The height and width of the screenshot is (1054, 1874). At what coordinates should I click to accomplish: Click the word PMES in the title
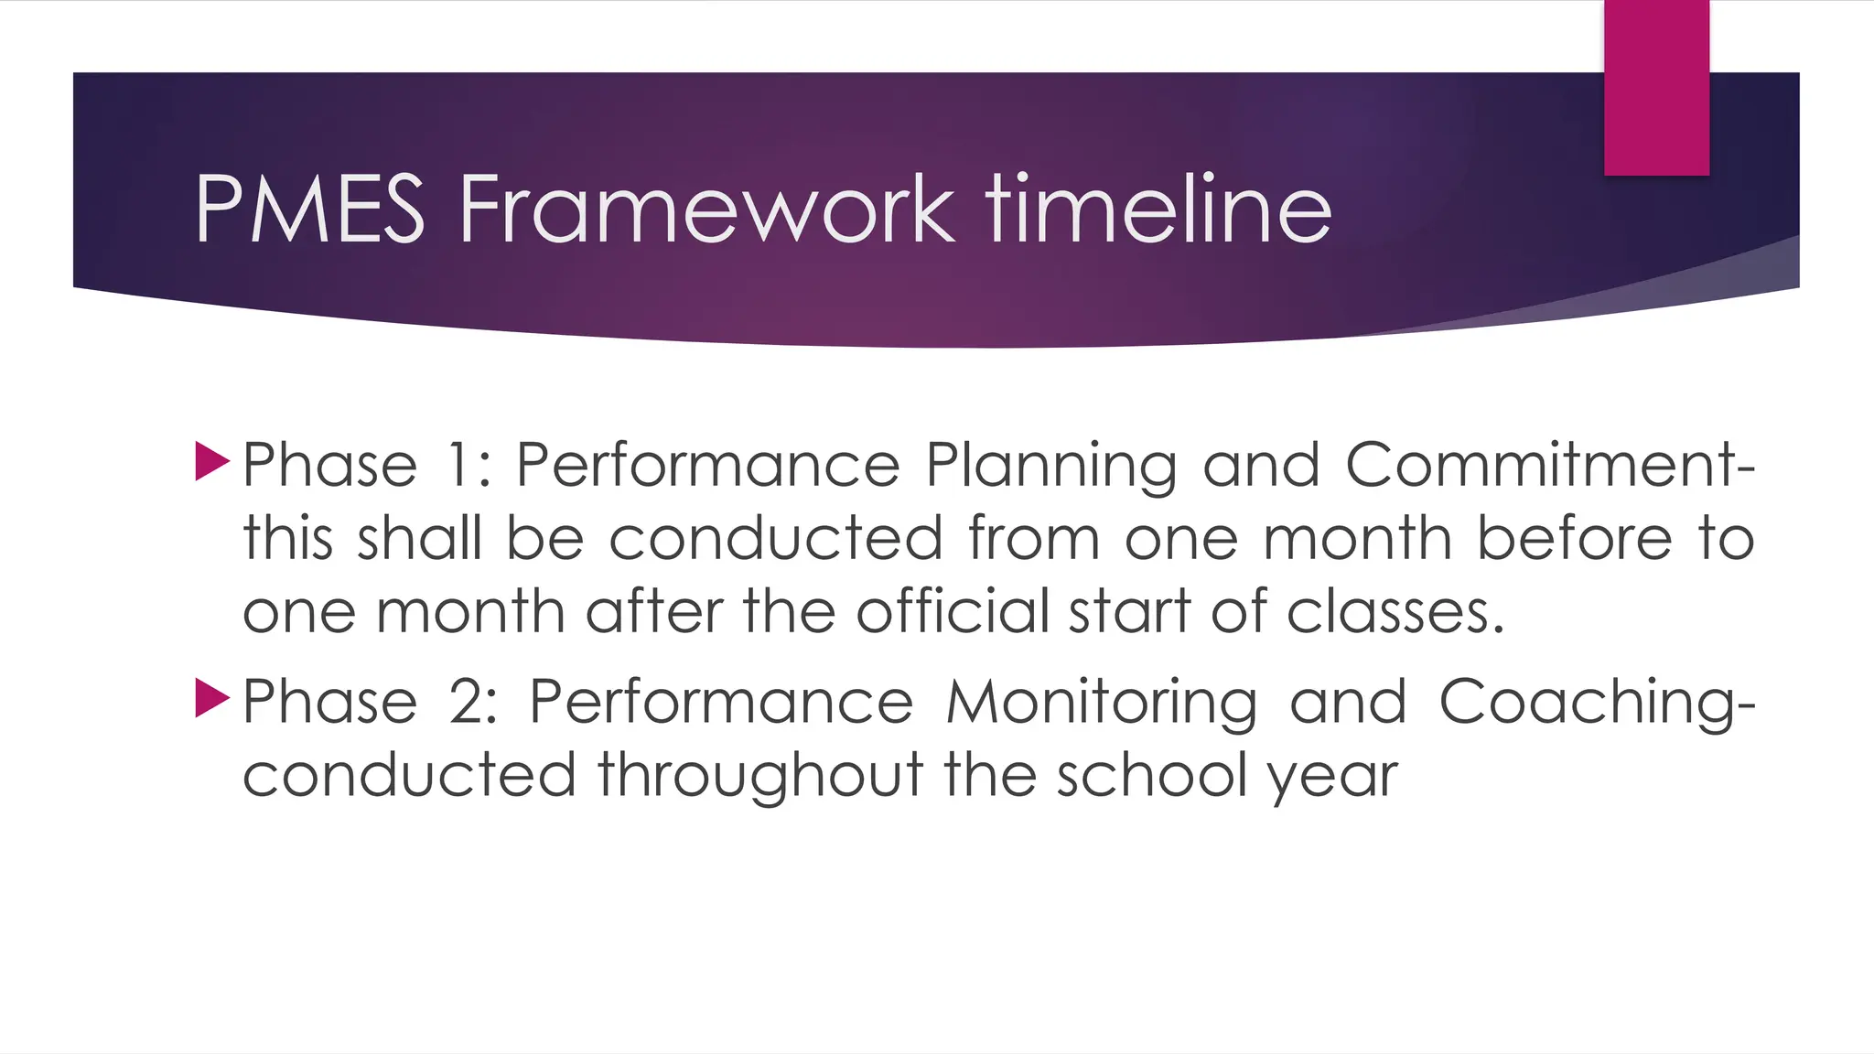click(x=309, y=210)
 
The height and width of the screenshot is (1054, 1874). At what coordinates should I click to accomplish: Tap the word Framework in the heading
click(x=705, y=210)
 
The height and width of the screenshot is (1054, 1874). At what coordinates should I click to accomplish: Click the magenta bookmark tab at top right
click(x=1656, y=88)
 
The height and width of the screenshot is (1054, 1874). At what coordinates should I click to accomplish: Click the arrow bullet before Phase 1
click(x=211, y=462)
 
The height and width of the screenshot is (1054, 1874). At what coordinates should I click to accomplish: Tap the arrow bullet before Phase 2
click(x=211, y=699)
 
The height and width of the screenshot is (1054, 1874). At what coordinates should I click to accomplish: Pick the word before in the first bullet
click(x=1575, y=537)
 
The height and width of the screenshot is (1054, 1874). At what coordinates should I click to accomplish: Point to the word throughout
click(x=760, y=777)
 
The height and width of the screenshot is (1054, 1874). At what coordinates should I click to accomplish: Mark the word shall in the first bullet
click(x=418, y=537)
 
